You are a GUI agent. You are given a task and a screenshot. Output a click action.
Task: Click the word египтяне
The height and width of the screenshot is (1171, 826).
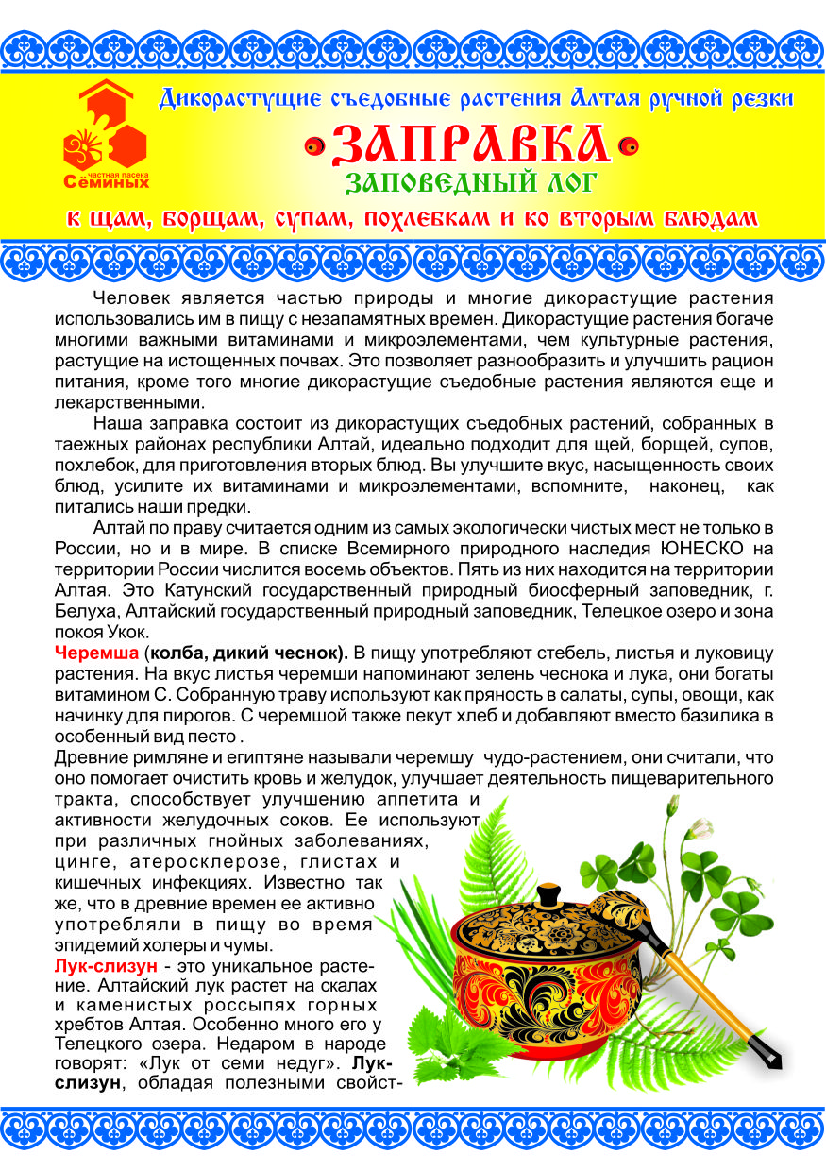(215, 756)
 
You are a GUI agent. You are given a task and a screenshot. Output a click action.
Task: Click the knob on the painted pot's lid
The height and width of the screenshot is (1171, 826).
(547, 893)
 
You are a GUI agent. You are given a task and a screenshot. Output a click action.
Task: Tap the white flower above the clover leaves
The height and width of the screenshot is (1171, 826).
(700, 828)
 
